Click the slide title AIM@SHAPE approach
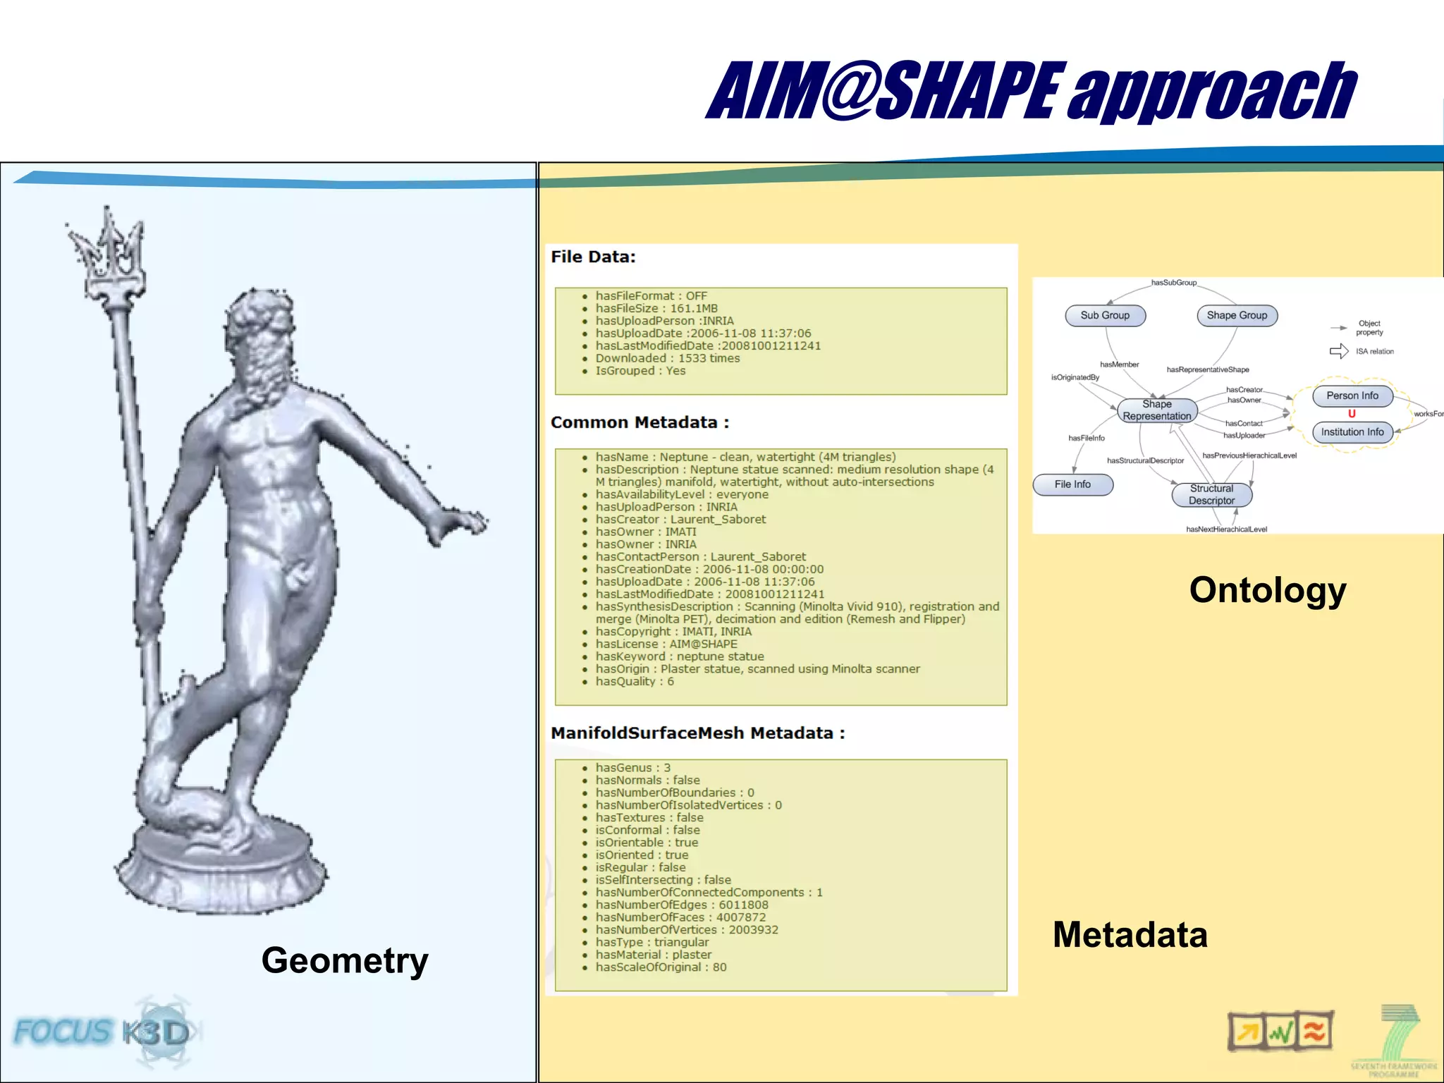(x=1031, y=92)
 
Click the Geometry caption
(x=345, y=960)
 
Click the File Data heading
(x=593, y=257)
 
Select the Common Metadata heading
(x=640, y=422)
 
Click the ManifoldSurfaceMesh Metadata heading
(x=697, y=733)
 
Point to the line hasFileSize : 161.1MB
(x=656, y=308)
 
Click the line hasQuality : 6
(x=635, y=681)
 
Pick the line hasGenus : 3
(x=632, y=768)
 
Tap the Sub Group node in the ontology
(x=1105, y=316)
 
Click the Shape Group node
(x=1237, y=316)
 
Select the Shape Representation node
(x=1157, y=410)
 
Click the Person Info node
(x=1352, y=396)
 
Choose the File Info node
(x=1072, y=484)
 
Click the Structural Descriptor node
(x=1211, y=494)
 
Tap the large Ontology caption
(x=1268, y=590)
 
